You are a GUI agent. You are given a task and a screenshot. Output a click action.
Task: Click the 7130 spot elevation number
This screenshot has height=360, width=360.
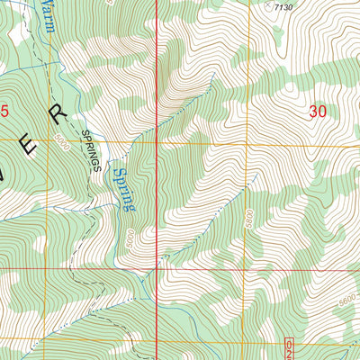(x=284, y=8)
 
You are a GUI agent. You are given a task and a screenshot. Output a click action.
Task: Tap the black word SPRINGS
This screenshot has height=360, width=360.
(x=92, y=149)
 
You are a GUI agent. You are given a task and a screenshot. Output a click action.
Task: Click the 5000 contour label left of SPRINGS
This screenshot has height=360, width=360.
(x=61, y=141)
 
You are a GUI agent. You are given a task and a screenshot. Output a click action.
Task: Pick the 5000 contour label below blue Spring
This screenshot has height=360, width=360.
(x=131, y=238)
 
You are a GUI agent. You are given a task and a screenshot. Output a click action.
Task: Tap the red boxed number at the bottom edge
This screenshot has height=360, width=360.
(x=291, y=349)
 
